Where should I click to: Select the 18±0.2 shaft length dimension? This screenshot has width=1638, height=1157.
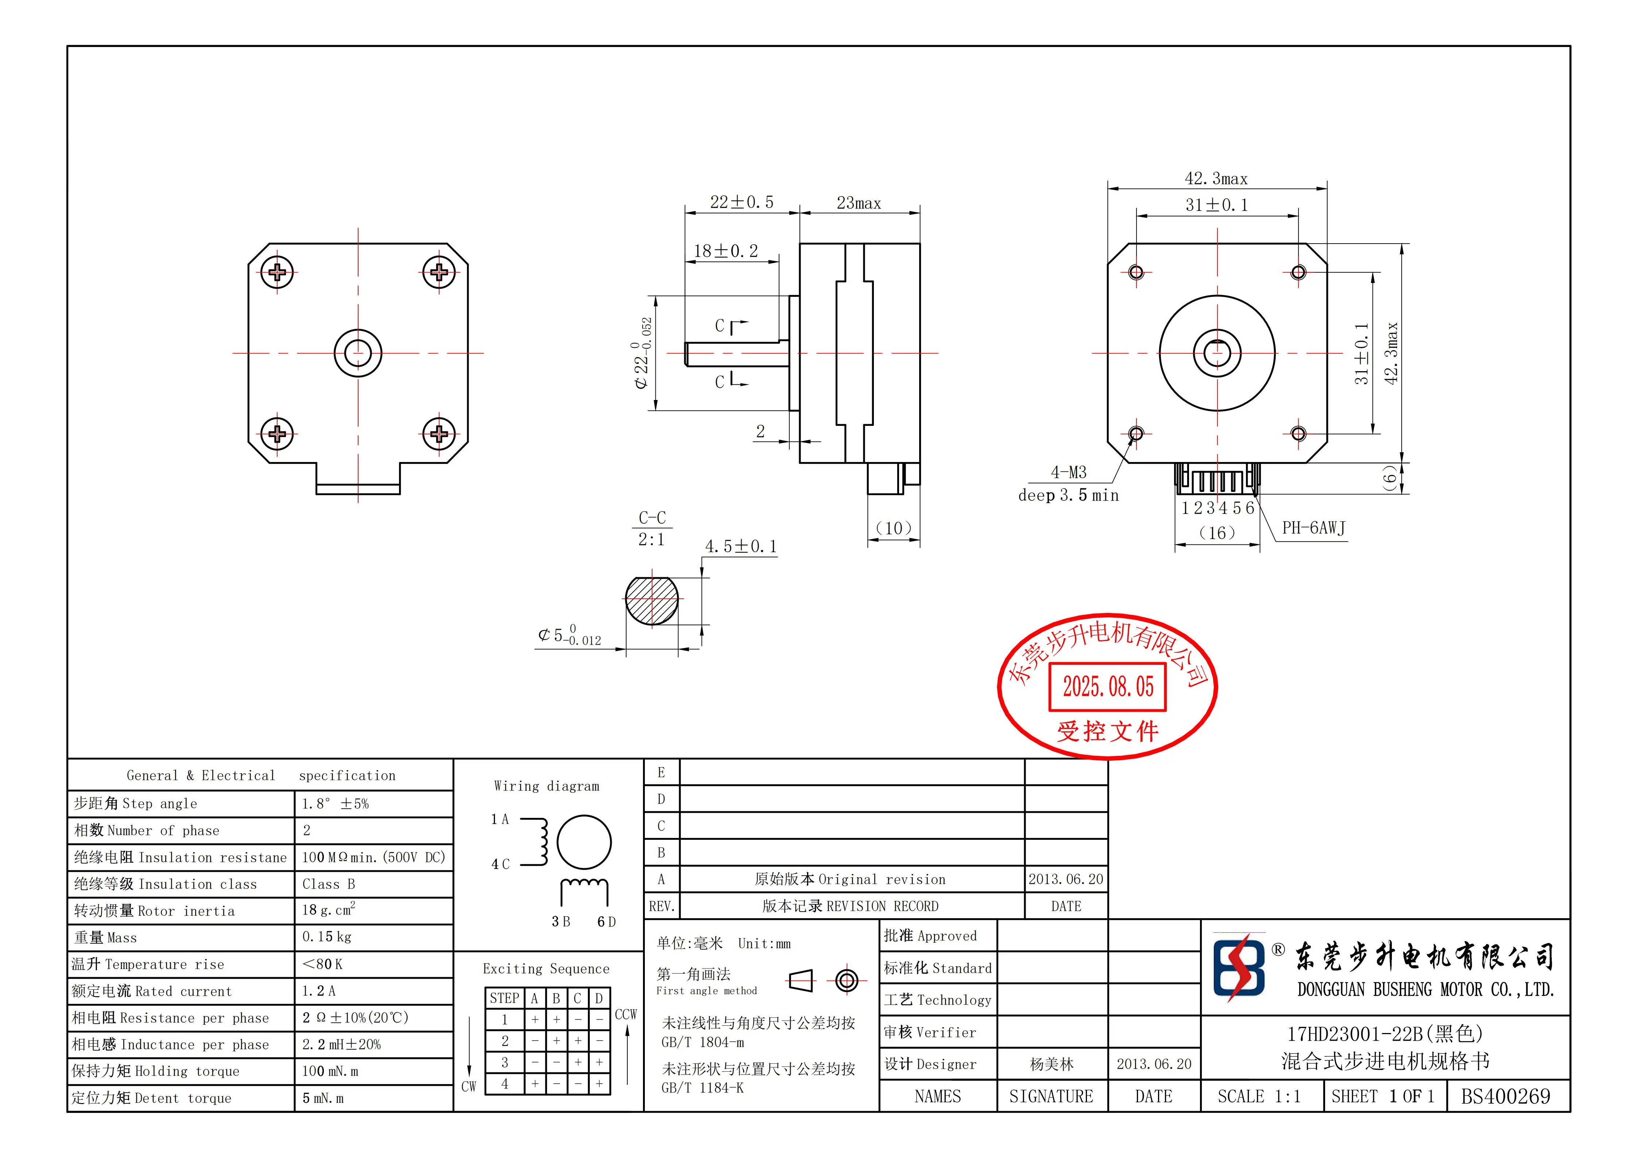(x=725, y=251)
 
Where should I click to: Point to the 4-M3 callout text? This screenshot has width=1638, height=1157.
(x=1068, y=472)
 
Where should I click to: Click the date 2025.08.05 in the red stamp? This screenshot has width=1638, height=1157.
(x=1107, y=687)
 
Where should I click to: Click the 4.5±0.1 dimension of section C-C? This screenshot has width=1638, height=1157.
(x=740, y=546)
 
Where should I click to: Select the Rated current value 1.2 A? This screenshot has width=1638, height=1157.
(x=319, y=991)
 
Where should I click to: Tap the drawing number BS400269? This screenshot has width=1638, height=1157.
(x=1505, y=1096)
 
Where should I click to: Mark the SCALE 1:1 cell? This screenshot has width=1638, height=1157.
(x=1259, y=1096)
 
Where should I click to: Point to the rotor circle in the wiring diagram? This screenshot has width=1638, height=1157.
(x=584, y=842)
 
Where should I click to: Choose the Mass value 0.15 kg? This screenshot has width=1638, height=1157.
(x=327, y=937)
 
